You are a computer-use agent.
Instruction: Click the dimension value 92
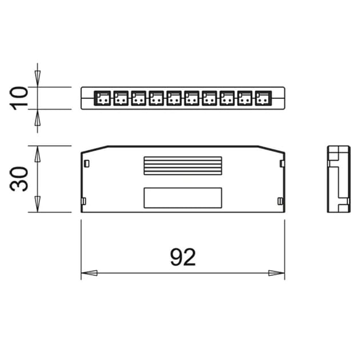pyautogui.click(x=182, y=258)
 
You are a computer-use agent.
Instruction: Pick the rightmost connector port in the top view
pyautogui.click(x=263, y=98)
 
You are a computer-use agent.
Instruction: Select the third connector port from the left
pyautogui.click(x=138, y=98)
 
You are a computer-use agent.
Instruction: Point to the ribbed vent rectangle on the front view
pyautogui.click(x=182, y=165)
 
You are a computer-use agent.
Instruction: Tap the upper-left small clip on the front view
pyautogui.click(x=86, y=163)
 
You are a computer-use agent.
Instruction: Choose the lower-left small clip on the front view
pyautogui.click(x=84, y=201)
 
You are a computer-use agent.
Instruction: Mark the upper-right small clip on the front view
pyautogui.click(x=281, y=163)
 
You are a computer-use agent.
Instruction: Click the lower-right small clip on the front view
pyautogui.click(x=279, y=201)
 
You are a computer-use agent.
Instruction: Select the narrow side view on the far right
pyautogui.click(x=338, y=179)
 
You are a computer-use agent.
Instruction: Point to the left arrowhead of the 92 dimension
pyautogui.click(x=89, y=273)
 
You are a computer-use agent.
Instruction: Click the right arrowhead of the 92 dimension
pyautogui.click(x=277, y=273)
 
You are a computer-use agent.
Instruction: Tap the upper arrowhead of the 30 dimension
pyautogui.click(x=38, y=153)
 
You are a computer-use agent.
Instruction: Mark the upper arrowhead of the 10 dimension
pyautogui.click(x=38, y=79)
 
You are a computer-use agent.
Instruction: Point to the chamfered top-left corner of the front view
pyautogui.click(x=94, y=149)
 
